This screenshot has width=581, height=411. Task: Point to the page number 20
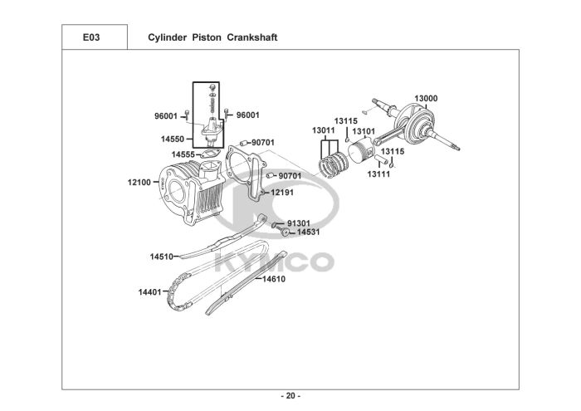coord(290,394)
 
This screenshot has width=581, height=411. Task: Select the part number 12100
coord(139,181)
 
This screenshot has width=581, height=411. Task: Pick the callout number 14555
coord(183,154)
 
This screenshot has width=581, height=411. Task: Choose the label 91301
coord(299,223)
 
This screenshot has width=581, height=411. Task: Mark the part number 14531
coord(309,232)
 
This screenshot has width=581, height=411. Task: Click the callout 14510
coord(161,257)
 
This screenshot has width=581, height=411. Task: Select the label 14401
coord(149,291)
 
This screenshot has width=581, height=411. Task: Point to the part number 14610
coord(274,279)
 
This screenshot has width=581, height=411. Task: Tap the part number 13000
coord(426,99)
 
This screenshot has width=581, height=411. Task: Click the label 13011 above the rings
coord(324,131)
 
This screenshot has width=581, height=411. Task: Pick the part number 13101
coord(364,131)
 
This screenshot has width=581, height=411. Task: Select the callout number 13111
coord(378,174)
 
